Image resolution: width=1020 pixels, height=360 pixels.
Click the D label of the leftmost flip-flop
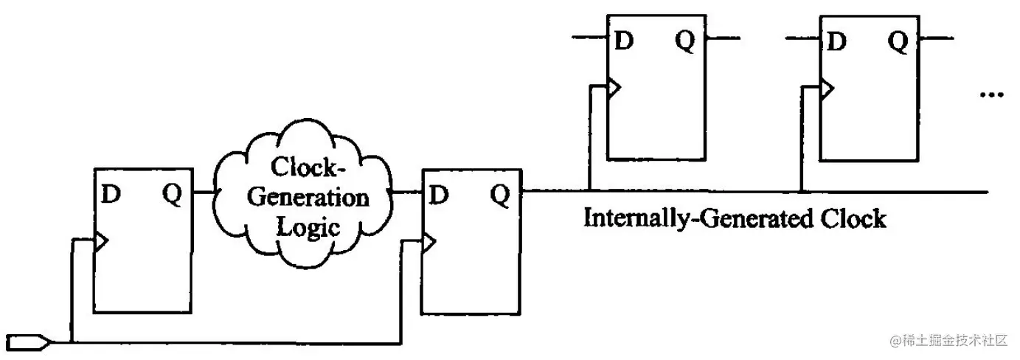(x=111, y=195)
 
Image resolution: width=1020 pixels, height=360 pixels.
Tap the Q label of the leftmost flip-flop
(x=171, y=195)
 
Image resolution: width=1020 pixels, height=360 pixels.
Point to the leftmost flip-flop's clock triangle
(x=101, y=240)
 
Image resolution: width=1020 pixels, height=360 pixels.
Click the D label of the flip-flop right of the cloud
(x=438, y=195)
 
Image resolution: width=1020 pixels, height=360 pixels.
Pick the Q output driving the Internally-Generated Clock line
(x=500, y=195)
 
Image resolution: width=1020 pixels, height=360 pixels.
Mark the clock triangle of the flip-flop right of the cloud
(x=428, y=240)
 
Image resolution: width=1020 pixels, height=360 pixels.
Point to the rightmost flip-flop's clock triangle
(x=826, y=89)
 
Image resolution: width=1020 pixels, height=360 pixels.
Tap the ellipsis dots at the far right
(x=990, y=94)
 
